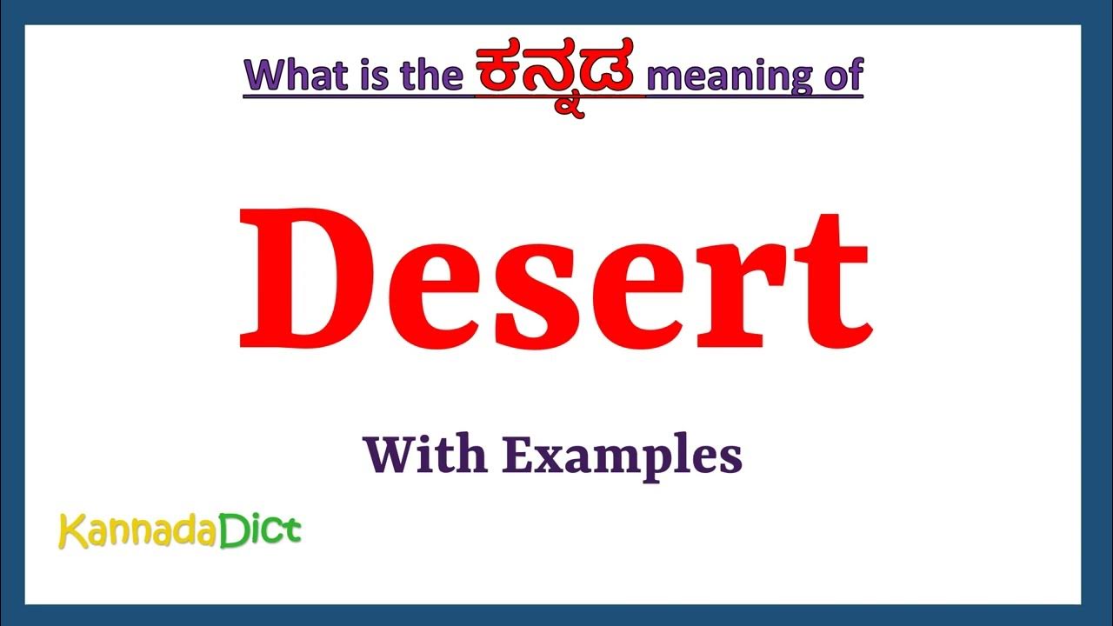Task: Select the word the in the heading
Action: tap(431, 76)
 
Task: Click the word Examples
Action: tap(623, 456)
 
